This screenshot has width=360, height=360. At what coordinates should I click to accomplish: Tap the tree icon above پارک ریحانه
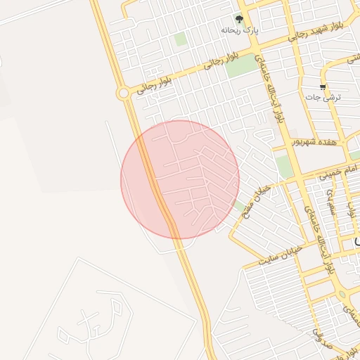coord(239,20)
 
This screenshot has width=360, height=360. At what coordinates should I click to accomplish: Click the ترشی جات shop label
coord(326,98)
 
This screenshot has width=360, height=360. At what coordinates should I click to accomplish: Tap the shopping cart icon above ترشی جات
coord(323,87)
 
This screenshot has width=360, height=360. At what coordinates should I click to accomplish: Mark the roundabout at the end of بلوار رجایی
coord(124,93)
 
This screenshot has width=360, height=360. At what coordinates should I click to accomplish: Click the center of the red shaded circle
coord(180,179)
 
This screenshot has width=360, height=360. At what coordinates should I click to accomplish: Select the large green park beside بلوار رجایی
coord(242,66)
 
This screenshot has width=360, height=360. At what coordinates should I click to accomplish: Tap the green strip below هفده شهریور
coord(283,167)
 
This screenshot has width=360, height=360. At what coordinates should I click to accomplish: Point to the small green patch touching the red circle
coord(233,204)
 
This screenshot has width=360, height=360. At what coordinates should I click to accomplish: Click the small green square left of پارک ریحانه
coord(181,39)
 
